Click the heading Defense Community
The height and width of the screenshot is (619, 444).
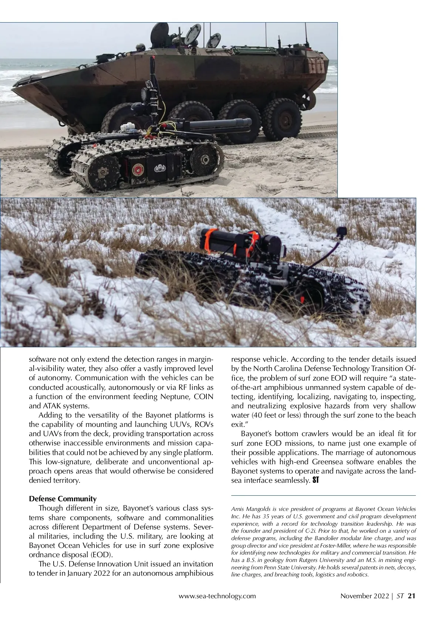(63, 498)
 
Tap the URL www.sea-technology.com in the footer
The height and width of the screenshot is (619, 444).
(217, 596)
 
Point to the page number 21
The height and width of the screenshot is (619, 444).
(412, 596)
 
